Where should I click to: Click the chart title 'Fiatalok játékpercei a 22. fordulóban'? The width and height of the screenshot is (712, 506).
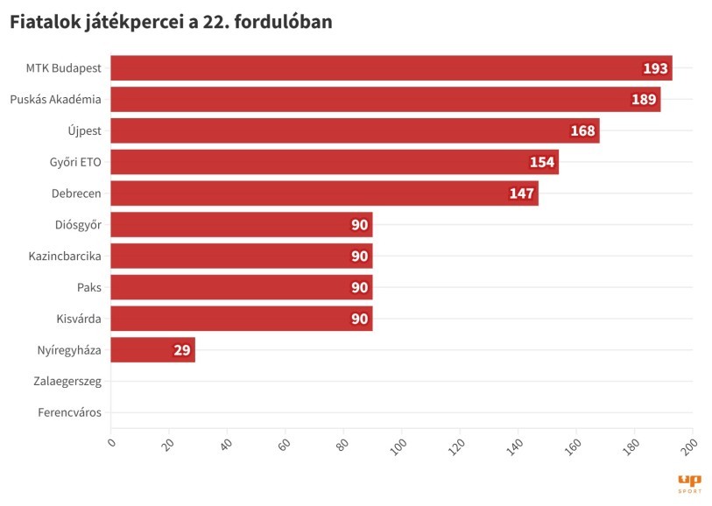tap(172, 24)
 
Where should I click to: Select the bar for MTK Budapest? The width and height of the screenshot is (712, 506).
tap(391, 68)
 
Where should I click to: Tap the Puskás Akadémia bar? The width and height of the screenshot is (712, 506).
tap(385, 100)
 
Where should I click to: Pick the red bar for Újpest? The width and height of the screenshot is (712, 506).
tap(355, 131)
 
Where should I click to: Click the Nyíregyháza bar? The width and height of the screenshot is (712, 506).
tap(153, 350)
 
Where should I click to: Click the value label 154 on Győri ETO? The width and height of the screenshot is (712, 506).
tap(542, 163)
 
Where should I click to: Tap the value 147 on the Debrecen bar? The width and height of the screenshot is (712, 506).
tap(522, 193)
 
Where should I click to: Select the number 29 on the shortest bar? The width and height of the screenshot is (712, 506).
tap(182, 350)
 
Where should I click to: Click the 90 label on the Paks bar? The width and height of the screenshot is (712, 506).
tap(359, 287)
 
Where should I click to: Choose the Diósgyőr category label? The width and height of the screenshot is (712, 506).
tap(78, 225)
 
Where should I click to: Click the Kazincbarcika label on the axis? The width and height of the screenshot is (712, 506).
tap(65, 257)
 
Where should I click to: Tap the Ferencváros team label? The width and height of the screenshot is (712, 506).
tap(69, 412)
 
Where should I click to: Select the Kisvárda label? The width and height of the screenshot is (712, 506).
tap(77, 319)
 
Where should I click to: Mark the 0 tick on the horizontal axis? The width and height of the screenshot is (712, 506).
tap(111, 443)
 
